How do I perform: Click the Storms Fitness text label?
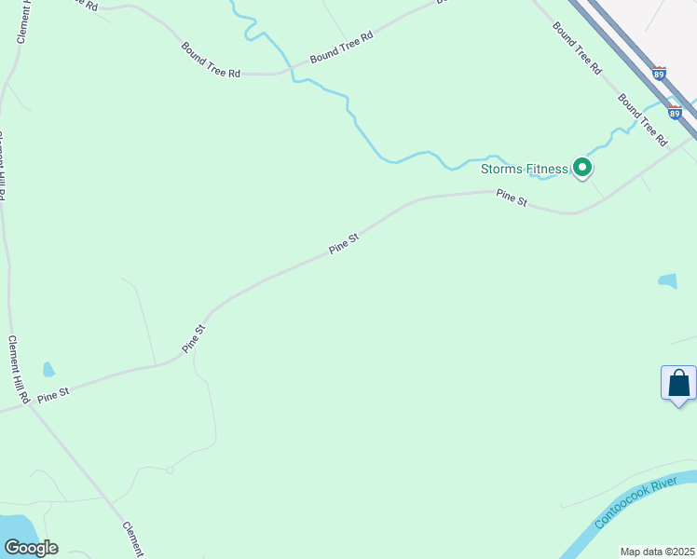click(x=524, y=169)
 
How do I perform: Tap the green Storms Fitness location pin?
click(x=582, y=168)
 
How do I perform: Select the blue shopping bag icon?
click(x=678, y=383)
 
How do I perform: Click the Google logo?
click(x=31, y=548)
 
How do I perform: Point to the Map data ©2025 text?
click(x=658, y=552)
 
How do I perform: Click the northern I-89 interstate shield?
click(x=660, y=73)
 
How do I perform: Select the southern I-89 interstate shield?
click(x=675, y=112)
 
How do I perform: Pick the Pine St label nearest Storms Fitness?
click(x=512, y=197)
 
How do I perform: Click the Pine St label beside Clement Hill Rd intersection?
click(x=53, y=395)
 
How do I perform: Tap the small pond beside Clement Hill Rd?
click(x=48, y=370)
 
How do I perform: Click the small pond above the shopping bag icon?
click(x=667, y=280)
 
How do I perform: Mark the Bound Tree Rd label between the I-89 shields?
click(x=643, y=120)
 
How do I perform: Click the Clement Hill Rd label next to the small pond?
click(x=20, y=369)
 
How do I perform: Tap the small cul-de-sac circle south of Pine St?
click(x=170, y=470)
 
